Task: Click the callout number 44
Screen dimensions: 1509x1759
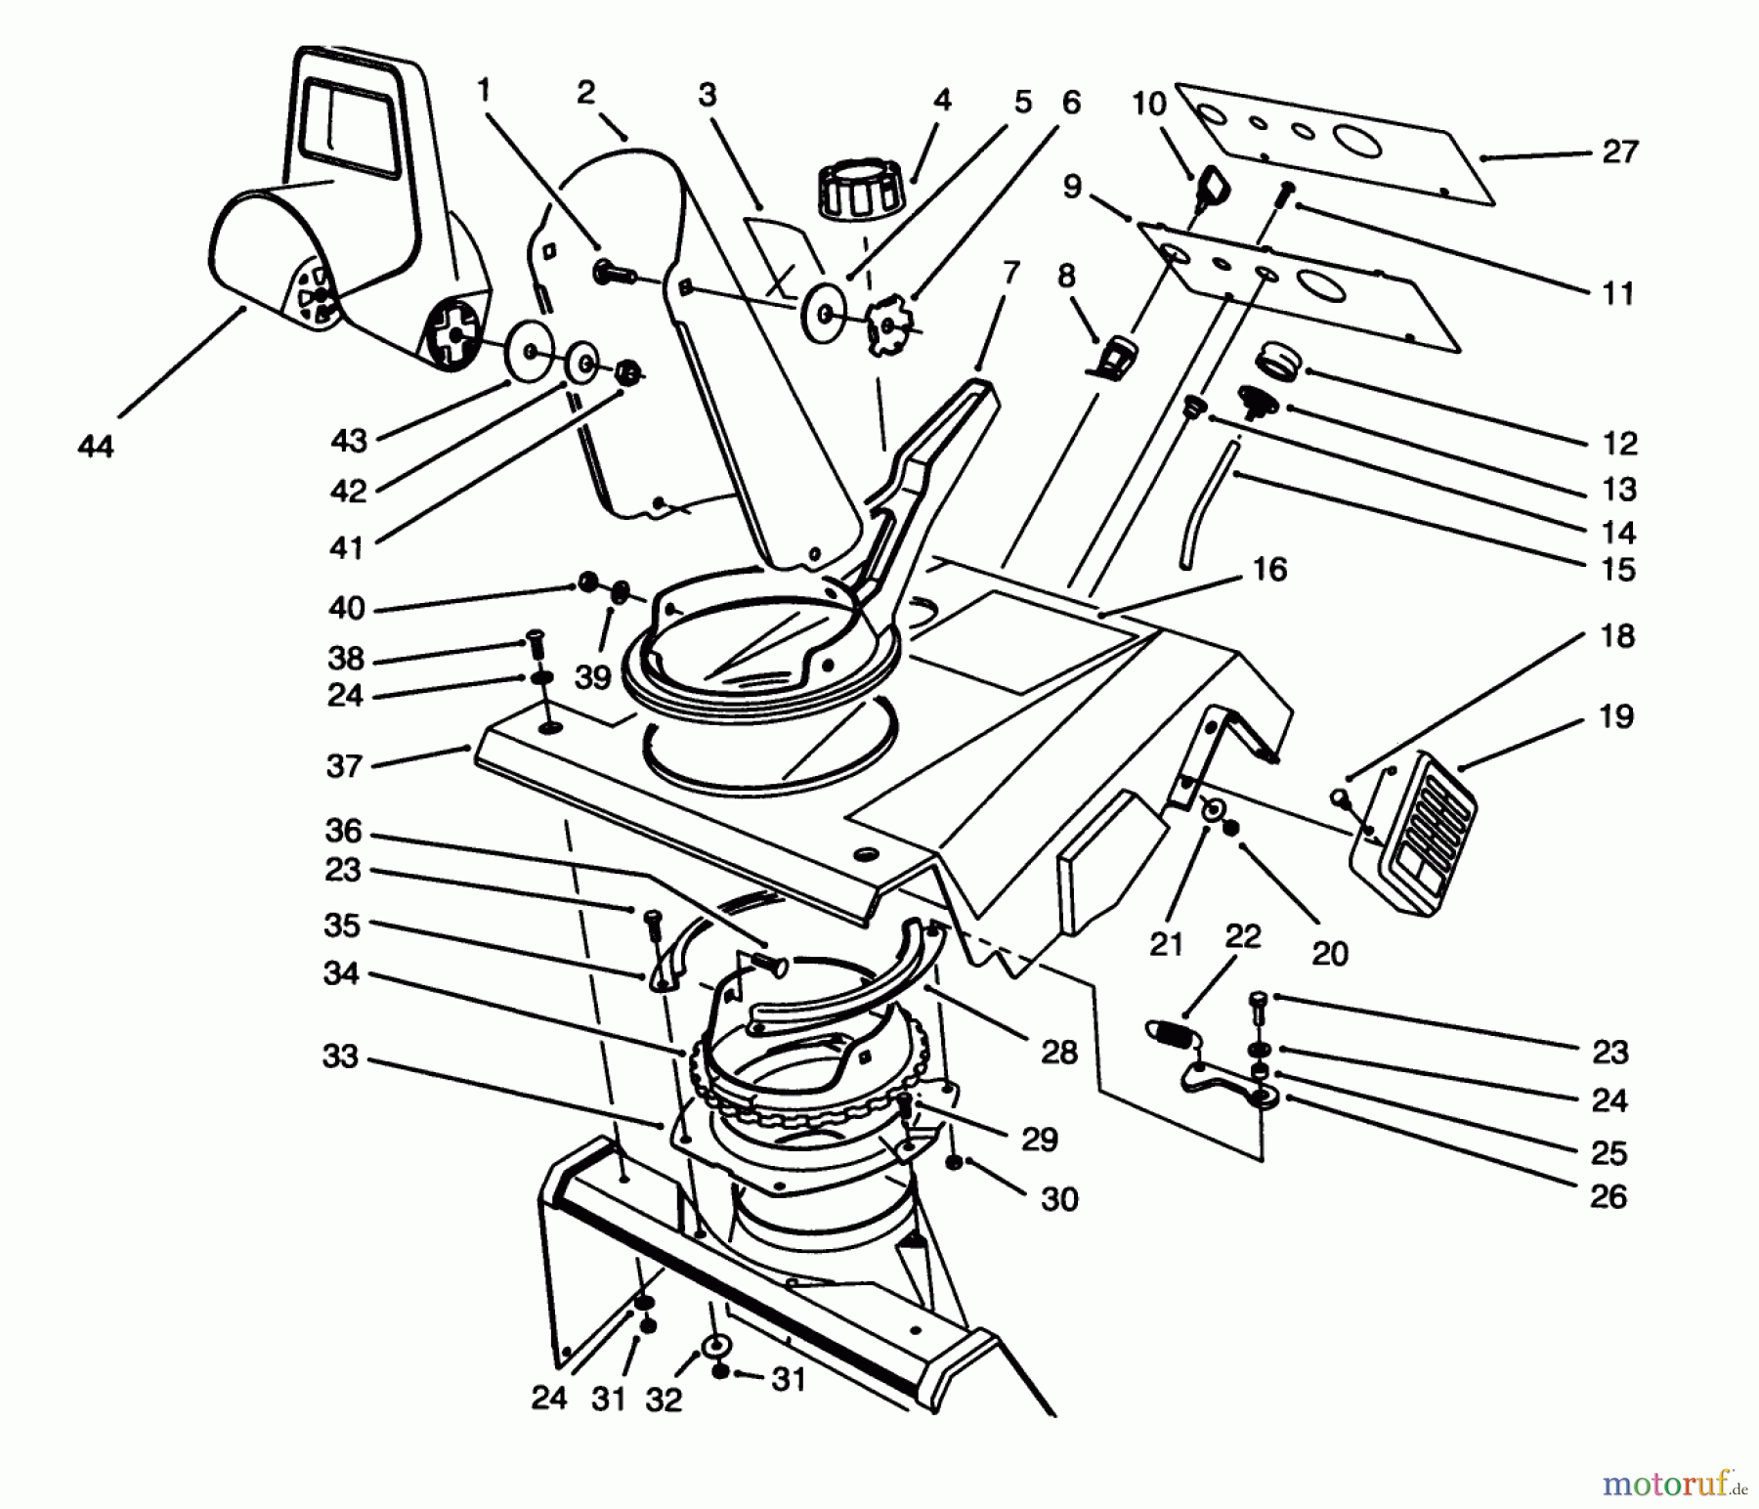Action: pyautogui.click(x=95, y=447)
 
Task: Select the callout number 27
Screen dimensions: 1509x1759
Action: pyautogui.click(x=1619, y=151)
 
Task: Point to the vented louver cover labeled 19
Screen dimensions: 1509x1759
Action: pyautogui.click(x=1417, y=839)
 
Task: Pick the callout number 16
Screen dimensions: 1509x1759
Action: pyautogui.click(x=1268, y=569)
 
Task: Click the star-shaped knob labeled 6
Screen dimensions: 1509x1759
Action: pyautogui.click(x=887, y=330)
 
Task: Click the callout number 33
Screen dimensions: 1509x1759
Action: pyautogui.click(x=340, y=1056)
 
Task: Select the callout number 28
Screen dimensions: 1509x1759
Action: pyautogui.click(x=1059, y=1052)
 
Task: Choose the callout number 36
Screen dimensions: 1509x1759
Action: pyautogui.click(x=343, y=832)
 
